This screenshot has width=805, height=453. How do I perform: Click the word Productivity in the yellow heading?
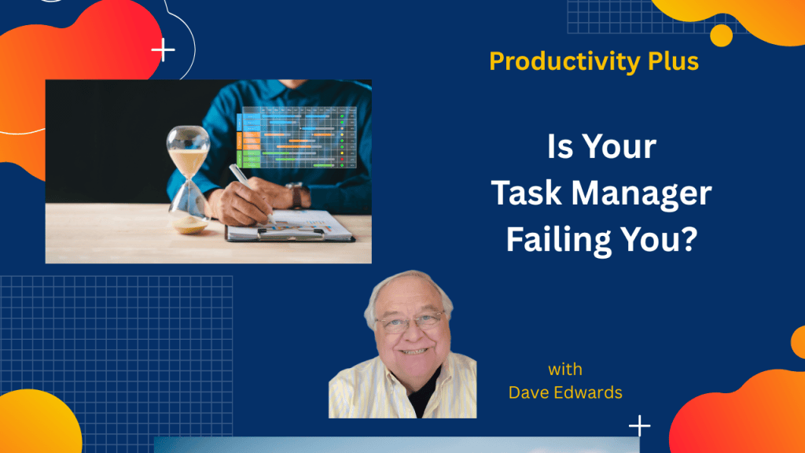coord(564,61)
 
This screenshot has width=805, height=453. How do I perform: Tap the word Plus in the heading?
coord(673,61)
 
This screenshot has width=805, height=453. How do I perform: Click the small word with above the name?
coord(565,370)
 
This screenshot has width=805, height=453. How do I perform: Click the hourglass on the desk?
coord(189,180)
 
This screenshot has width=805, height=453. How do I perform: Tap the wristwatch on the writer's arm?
coord(296,195)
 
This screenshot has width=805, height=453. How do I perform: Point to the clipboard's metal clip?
coord(291,233)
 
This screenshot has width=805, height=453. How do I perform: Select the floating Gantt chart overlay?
coord(296,137)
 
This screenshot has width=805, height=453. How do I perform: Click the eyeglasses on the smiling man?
coord(410,321)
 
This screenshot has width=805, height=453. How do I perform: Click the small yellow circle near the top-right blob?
coord(722,35)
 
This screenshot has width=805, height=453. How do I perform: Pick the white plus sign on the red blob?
coord(164,50)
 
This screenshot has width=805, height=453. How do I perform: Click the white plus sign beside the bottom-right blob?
coord(640,425)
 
